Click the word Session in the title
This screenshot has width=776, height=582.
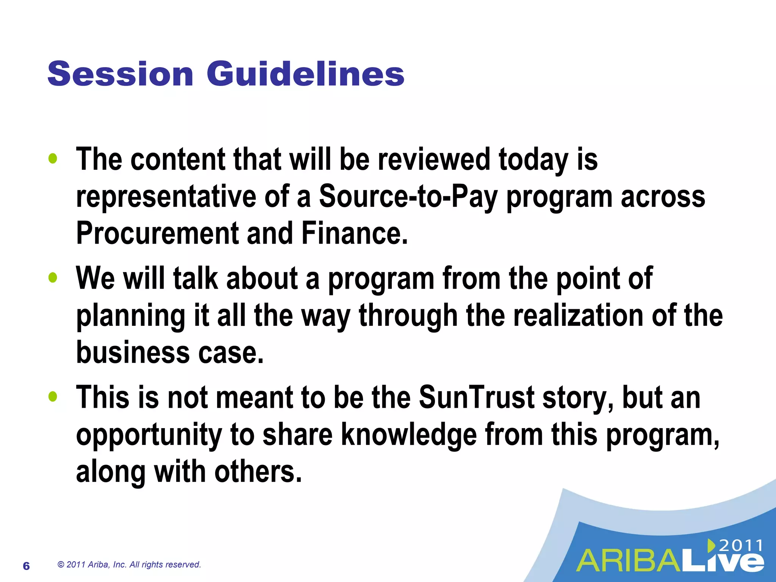click(120, 74)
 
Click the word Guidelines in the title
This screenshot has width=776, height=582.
click(305, 74)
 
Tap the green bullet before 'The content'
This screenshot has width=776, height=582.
click(53, 159)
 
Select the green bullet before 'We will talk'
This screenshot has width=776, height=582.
click(53, 278)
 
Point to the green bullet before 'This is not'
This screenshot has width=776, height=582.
click(53, 397)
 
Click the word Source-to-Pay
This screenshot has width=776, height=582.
click(408, 197)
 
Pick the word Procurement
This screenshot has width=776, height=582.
click(157, 233)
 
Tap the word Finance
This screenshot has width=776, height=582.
click(354, 233)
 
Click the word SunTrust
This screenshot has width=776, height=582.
click(476, 398)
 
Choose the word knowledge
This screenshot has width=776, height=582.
click(408, 435)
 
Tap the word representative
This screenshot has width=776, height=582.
click(166, 197)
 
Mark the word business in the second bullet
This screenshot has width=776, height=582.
click(133, 352)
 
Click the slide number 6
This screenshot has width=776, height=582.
click(26, 566)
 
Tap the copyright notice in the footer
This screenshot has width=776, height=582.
click(129, 565)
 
